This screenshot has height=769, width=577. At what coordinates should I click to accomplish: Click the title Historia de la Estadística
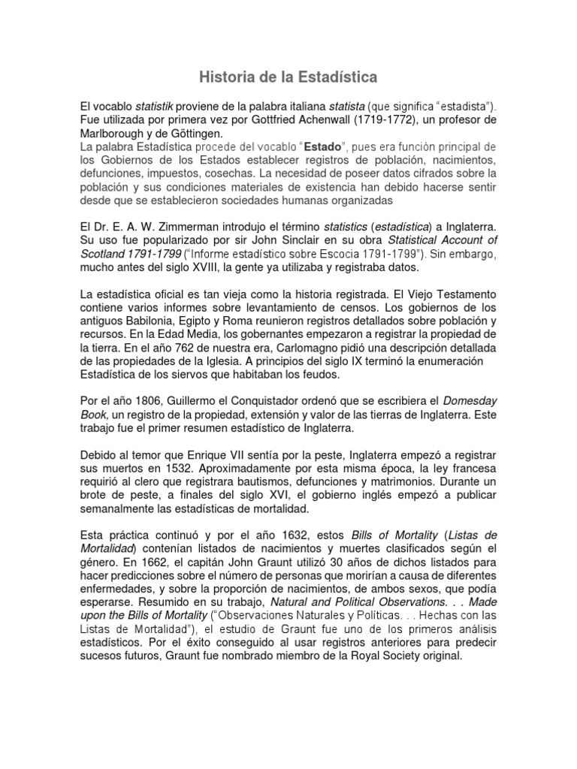pyautogui.click(x=288, y=77)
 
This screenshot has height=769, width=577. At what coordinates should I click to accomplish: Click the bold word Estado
pyautogui.click(x=319, y=147)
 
